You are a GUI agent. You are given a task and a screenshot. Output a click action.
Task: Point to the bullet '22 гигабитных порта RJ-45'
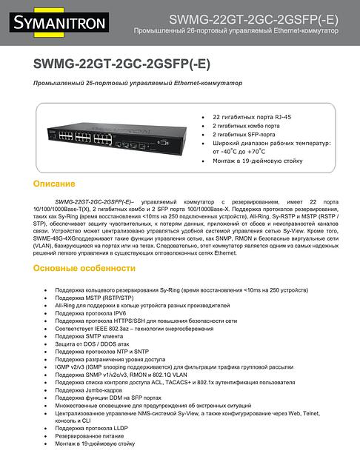(x=251, y=117)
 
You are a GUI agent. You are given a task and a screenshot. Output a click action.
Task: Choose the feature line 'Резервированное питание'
(x=90, y=436)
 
